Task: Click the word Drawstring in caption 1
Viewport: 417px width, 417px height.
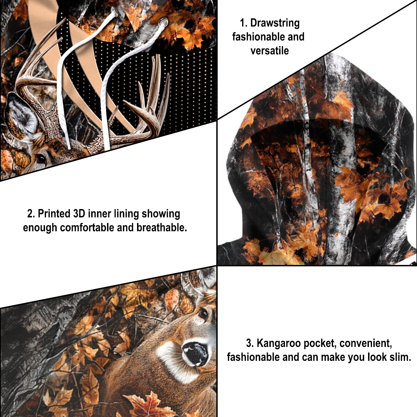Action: point(275,23)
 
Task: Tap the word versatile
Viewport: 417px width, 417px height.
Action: point(269,51)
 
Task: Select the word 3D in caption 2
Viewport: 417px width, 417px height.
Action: point(79,214)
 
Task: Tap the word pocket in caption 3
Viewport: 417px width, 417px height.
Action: point(320,343)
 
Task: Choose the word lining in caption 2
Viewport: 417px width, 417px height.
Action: point(126,214)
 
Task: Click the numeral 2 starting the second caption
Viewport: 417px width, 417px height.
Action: point(30,214)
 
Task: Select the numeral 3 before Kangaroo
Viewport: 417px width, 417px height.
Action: point(249,343)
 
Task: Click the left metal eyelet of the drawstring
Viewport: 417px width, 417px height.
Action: point(114,11)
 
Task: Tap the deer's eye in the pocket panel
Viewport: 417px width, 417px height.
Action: point(203,314)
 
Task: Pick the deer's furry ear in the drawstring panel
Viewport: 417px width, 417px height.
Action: point(21,114)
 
